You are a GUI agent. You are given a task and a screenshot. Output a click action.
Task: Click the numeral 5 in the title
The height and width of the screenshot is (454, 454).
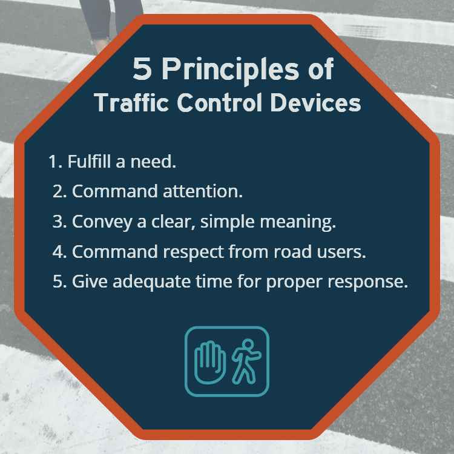tap(142, 68)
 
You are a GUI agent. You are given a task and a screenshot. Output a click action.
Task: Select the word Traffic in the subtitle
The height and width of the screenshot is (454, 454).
tap(131, 103)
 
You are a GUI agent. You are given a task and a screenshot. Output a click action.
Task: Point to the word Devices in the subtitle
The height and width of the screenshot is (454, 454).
tap(315, 103)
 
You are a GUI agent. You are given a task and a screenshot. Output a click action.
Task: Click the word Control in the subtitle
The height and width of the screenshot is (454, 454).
tap(220, 103)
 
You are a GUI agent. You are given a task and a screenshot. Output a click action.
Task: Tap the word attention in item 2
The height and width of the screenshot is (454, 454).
tap(203, 191)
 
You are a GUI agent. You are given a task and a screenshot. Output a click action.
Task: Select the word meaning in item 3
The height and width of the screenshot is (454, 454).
tap(298, 222)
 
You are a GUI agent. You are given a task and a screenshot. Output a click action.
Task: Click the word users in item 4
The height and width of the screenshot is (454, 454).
tap(341, 252)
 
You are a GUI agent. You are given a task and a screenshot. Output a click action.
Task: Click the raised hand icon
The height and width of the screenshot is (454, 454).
tap(210, 363)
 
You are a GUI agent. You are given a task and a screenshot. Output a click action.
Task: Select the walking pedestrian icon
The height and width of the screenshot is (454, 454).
tap(246, 361)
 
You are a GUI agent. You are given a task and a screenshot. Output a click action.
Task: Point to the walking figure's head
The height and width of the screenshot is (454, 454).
tap(248, 344)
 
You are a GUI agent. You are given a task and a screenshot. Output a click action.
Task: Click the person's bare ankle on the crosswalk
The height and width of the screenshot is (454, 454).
tap(100, 46)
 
